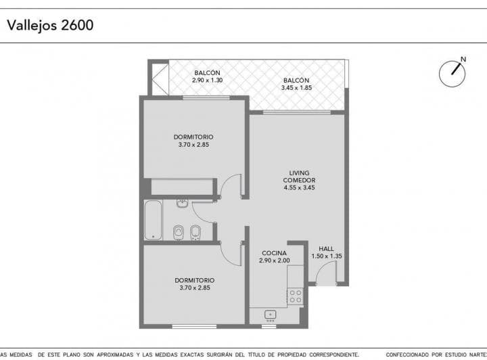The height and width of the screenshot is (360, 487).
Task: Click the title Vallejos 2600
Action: pos(50,26)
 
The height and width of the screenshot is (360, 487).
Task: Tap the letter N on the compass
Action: pos(463,60)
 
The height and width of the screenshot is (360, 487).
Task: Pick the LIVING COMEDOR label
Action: pos(299,177)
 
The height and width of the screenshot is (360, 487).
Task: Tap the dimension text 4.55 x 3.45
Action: pos(299,187)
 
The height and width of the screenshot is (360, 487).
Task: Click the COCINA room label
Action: pos(274,253)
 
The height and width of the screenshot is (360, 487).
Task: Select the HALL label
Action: pos(326,248)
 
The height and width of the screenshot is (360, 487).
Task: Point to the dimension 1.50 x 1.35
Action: pos(326,256)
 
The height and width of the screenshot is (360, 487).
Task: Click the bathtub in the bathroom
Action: pos(153,220)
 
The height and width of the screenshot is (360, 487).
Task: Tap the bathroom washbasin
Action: pos(182,203)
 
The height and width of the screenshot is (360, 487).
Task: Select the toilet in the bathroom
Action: pos(179,232)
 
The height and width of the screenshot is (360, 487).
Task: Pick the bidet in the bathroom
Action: pos(195,232)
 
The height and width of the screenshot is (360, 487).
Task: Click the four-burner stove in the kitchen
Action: pos(295,295)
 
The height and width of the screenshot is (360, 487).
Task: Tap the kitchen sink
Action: pos(270,315)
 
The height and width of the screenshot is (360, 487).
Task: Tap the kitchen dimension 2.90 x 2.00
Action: pos(274,261)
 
